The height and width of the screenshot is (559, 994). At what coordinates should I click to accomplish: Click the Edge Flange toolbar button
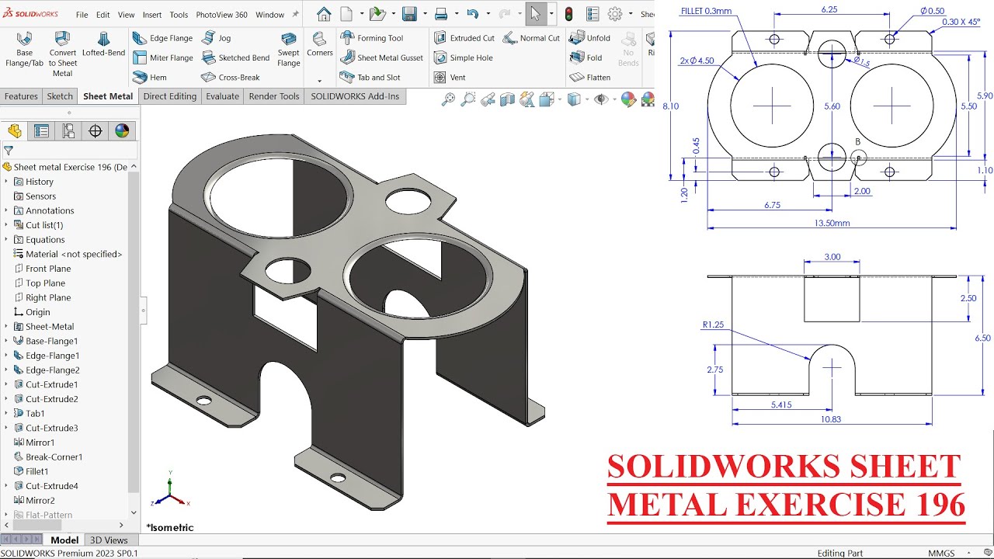coord(162,38)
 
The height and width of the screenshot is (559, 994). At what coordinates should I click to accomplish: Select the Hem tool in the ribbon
coord(150,78)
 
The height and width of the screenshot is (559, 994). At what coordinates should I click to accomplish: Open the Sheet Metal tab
coord(108,96)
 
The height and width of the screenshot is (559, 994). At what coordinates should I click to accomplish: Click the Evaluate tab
coord(222,96)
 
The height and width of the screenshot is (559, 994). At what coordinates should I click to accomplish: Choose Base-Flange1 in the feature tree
coord(51,341)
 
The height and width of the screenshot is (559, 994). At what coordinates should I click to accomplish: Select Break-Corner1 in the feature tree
coord(54,457)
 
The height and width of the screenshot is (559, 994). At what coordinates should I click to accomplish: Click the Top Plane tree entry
coord(45,283)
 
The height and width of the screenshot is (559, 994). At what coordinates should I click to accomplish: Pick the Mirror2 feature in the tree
coord(40,500)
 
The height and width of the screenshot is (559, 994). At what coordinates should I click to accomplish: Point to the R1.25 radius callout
coord(713,325)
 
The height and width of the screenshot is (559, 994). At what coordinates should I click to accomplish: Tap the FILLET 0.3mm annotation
coord(706,11)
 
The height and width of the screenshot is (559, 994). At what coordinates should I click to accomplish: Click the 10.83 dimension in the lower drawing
coord(831,419)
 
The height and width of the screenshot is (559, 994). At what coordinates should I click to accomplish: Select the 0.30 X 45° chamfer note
coord(961,22)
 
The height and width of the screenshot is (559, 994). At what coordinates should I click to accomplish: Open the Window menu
coord(269,15)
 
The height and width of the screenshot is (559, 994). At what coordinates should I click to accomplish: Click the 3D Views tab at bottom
coord(109,540)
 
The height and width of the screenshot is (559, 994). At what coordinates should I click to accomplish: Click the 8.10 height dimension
coord(671,106)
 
